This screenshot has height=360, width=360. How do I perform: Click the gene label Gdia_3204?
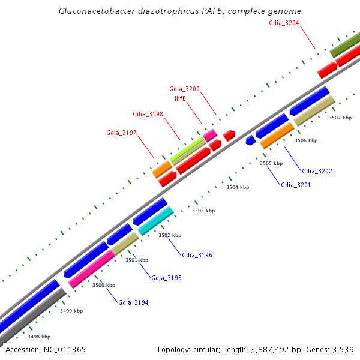click(284, 23)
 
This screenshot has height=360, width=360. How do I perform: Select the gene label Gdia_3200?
click(184, 89)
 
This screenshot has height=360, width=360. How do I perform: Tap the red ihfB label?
click(180, 98)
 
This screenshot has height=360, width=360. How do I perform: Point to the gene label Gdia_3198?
click(148, 114)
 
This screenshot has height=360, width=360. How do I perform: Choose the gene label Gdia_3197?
click(121, 133)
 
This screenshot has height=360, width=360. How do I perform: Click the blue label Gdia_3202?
click(317, 171)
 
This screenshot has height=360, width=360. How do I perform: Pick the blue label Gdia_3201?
click(296, 185)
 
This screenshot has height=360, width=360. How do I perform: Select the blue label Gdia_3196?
click(197, 255)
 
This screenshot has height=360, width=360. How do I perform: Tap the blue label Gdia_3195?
click(166, 278)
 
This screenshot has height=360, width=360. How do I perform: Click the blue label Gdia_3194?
click(133, 302)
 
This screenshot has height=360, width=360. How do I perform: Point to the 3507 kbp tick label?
click(340, 118)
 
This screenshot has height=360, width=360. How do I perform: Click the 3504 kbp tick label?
click(237, 187)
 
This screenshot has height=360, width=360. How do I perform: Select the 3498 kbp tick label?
click(39, 337)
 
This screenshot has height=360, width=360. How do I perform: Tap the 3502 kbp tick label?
click(170, 235)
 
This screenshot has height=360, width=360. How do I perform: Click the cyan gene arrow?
click(156, 221)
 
